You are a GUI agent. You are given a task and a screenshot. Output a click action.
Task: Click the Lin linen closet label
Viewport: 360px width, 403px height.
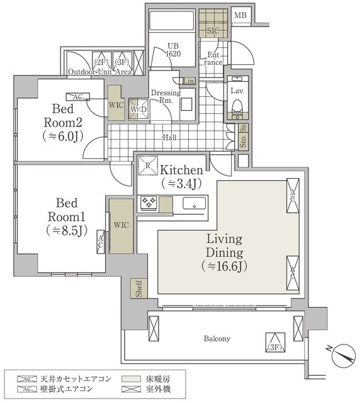(x=189, y=81)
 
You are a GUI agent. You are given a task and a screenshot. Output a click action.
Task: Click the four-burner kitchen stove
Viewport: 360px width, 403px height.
(x=148, y=203)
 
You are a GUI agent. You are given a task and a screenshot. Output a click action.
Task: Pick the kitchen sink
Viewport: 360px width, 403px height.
(x=194, y=204)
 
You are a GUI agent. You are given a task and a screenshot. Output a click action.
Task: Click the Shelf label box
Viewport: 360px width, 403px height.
(x=137, y=289)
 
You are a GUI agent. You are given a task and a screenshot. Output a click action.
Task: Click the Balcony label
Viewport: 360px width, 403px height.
(x=216, y=339)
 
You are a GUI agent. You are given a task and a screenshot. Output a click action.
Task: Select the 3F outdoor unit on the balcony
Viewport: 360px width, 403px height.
(x=273, y=343)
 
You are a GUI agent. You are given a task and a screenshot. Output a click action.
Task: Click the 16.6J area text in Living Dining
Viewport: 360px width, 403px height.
(x=225, y=266)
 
